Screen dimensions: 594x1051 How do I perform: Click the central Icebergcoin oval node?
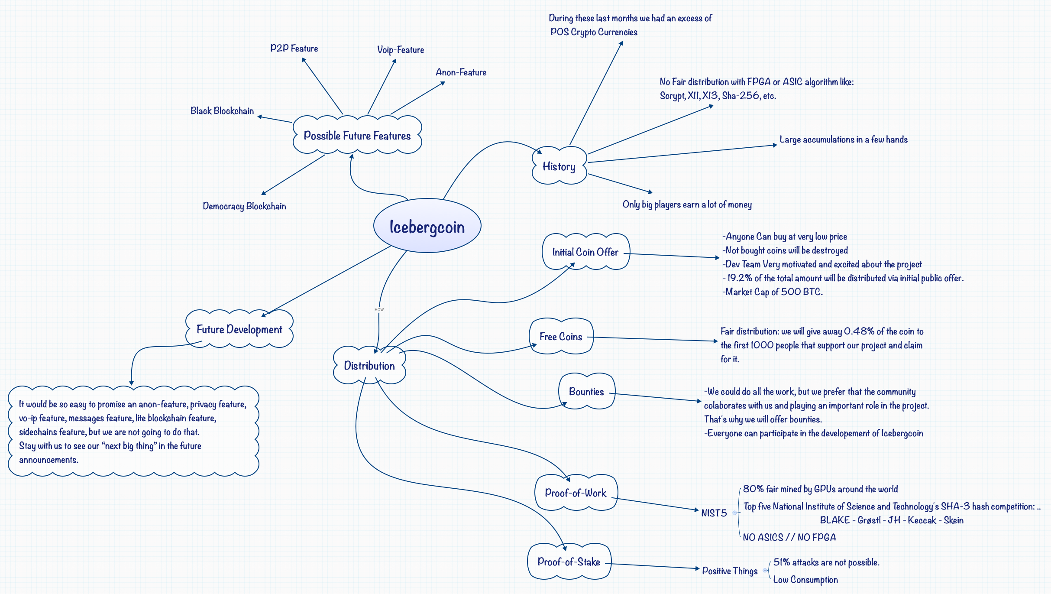click(427, 226)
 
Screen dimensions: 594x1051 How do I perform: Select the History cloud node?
click(559, 166)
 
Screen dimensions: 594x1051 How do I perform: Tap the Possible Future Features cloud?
click(357, 136)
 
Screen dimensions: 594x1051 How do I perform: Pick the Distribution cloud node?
click(369, 366)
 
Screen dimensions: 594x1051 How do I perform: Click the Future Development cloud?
click(239, 329)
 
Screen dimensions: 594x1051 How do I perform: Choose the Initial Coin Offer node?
click(585, 252)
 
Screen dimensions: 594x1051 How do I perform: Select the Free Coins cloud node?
click(561, 337)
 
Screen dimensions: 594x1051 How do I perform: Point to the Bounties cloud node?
click(586, 392)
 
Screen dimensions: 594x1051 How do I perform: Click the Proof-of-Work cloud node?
click(576, 493)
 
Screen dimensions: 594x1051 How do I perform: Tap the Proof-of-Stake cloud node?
click(569, 562)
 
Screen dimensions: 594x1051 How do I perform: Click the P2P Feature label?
click(294, 49)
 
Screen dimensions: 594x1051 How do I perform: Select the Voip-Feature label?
click(401, 50)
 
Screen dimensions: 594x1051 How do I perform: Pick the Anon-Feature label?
click(461, 72)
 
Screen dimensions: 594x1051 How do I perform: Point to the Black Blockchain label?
click(222, 111)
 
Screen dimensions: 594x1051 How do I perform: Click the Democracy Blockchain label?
click(244, 206)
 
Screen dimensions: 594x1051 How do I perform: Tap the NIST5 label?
click(714, 513)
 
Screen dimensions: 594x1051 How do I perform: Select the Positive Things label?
click(730, 571)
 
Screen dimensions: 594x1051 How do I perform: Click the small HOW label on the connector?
click(379, 310)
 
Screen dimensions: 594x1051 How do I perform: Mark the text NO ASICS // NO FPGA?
click(789, 538)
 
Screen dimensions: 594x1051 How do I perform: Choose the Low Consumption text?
click(805, 580)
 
